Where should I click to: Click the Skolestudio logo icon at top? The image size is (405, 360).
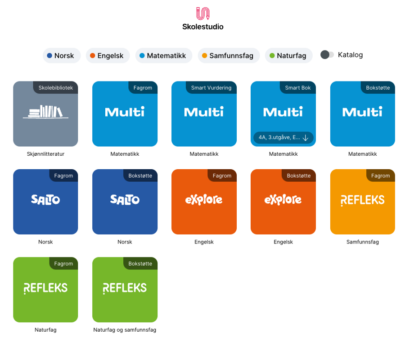[202, 13]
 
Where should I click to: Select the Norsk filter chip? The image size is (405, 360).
[62, 56]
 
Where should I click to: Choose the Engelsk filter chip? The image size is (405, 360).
[108, 56]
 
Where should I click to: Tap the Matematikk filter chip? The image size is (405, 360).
[163, 56]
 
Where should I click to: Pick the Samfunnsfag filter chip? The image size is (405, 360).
[228, 56]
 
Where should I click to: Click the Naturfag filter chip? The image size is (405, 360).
[288, 56]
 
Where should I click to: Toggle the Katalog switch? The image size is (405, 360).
[327, 55]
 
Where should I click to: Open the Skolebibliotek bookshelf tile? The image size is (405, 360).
[45, 114]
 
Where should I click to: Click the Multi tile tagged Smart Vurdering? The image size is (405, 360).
[204, 114]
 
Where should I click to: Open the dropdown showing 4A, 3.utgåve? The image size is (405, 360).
[283, 138]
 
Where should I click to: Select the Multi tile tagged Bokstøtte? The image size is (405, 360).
[362, 114]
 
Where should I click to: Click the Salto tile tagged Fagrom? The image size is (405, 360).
[45, 202]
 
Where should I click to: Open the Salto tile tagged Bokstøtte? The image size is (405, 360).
[125, 202]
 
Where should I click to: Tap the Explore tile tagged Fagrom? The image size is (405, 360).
[204, 202]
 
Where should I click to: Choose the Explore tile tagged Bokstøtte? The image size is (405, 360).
[283, 202]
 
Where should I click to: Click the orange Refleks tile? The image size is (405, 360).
[362, 202]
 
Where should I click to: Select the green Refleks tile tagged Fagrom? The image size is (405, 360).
[45, 289]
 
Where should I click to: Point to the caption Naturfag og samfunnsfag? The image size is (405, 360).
[125, 330]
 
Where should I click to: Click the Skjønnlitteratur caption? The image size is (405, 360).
[45, 154]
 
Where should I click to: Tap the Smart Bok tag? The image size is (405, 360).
[298, 88]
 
